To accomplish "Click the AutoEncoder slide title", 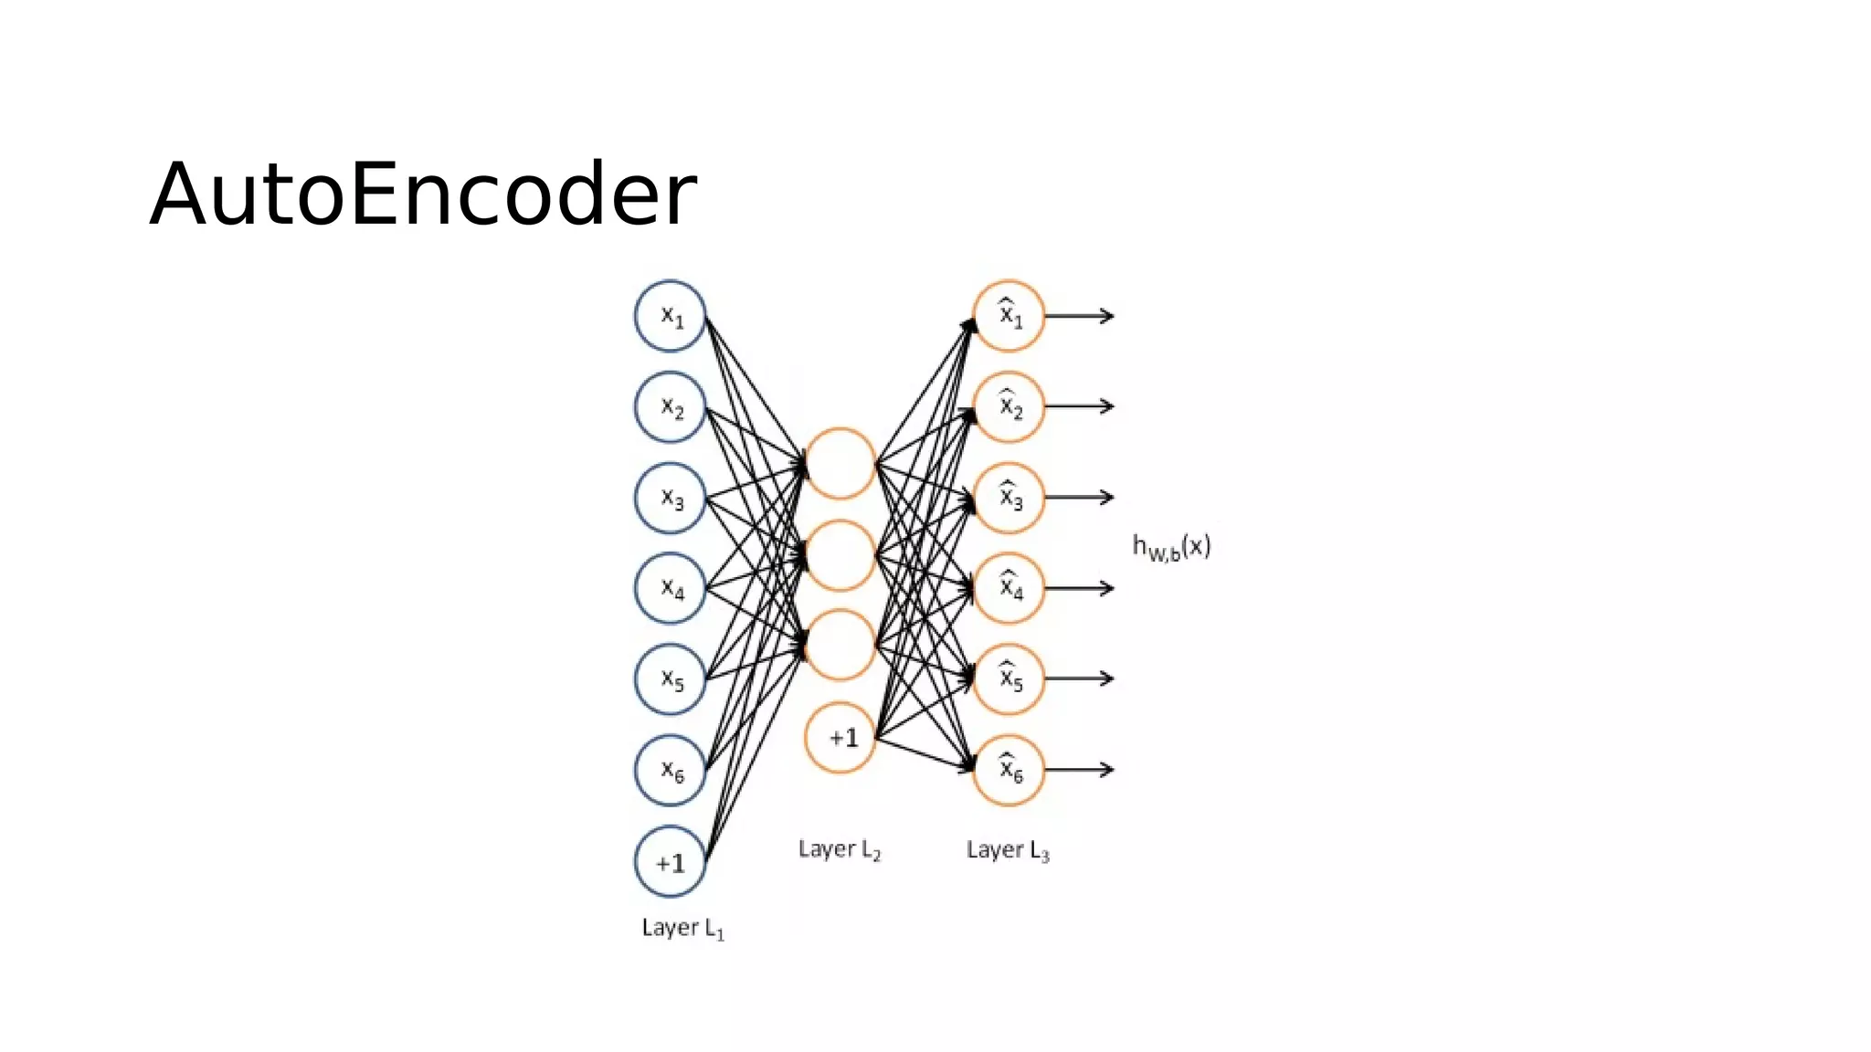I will (423, 195).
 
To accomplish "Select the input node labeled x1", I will (671, 316).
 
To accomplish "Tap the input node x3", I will (671, 498).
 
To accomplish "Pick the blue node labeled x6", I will (671, 770).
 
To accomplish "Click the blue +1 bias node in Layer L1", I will (671, 862).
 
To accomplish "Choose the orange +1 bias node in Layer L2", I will (840, 737).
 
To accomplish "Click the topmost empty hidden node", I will (840, 464).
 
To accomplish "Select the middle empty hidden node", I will (840, 555).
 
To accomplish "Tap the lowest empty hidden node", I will (840, 646).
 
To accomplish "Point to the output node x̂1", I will (1009, 316).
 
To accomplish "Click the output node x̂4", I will (1009, 588).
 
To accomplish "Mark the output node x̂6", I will (1009, 770).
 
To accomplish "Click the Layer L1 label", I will (682, 928).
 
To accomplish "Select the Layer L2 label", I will (840, 849).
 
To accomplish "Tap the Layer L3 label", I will (1008, 850).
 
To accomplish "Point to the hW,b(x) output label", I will (1171, 547).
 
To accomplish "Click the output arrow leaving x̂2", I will (1080, 406).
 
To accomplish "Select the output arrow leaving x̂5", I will (1080, 679).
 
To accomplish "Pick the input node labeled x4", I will (671, 588).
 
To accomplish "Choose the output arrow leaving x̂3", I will (1080, 498).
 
